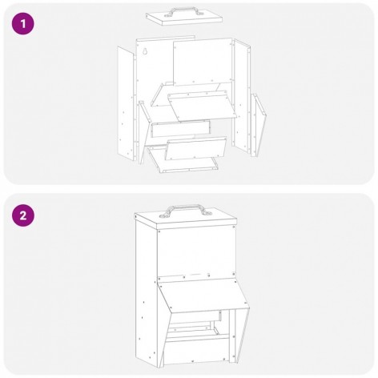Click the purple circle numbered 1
point(23,24)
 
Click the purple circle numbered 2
point(23,215)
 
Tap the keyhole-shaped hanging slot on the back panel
point(144,51)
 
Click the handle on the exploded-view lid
point(184,12)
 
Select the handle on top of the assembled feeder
point(184,210)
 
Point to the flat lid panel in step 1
point(184,18)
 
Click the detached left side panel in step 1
point(126,103)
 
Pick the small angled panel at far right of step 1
point(259,125)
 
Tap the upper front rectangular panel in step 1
point(203,62)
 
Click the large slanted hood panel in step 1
point(203,106)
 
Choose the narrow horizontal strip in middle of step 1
point(180,129)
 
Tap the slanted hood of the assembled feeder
point(203,295)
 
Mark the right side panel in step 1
point(242,96)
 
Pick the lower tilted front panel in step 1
point(195,149)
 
